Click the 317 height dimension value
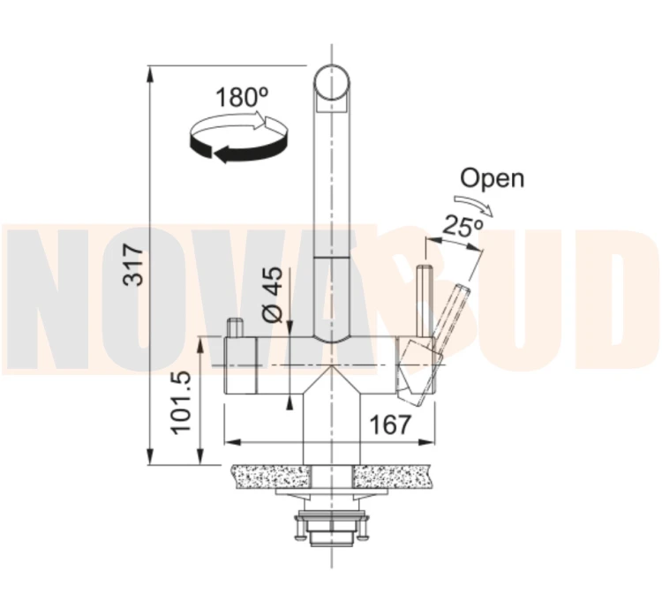click(x=134, y=265)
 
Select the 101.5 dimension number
click(x=182, y=402)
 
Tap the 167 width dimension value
click(x=389, y=424)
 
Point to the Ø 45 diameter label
click(x=272, y=294)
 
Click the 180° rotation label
click(x=242, y=97)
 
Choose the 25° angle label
click(x=463, y=226)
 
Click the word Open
click(x=493, y=178)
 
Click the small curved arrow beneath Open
click(x=473, y=205)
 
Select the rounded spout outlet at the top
click(x=332, y=88)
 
